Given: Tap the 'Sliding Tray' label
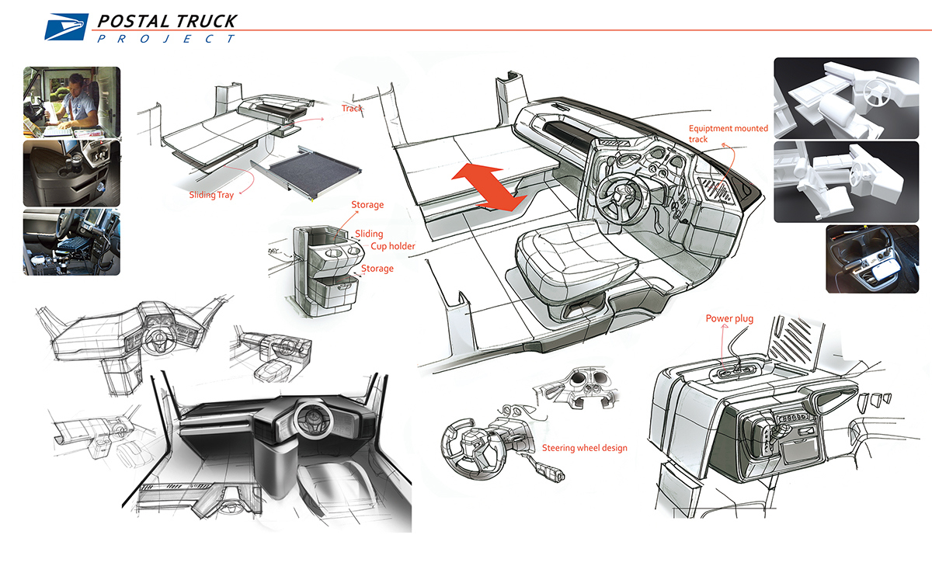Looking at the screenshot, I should coord(211,196).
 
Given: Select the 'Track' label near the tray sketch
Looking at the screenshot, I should coord(352,109).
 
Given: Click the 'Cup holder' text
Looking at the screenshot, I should coord(392,247).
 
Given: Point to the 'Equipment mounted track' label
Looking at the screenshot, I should coord(728,134).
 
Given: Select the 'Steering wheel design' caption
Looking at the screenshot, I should coord(584,448).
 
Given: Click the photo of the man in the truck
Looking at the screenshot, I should coord(71,101).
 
